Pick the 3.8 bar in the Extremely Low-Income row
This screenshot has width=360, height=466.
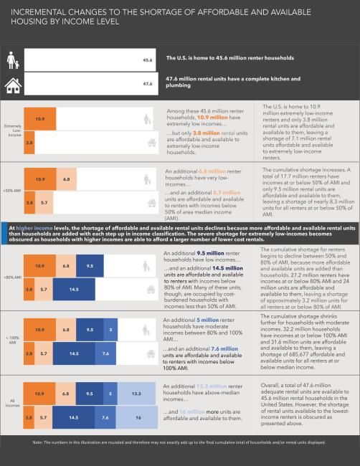(29, 143)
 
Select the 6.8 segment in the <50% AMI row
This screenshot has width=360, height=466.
(65, 178)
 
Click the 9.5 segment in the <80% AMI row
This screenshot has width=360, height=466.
(90, 266)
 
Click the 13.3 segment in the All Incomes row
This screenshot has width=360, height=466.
(136, 393)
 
